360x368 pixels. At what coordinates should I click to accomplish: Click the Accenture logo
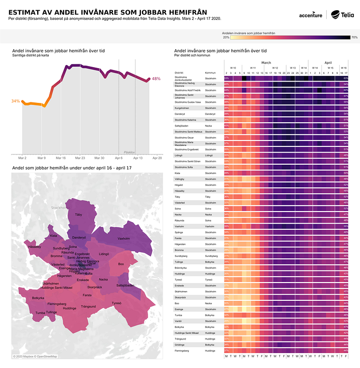click(310, 15)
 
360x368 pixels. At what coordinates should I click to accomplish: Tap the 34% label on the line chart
click(15, 101)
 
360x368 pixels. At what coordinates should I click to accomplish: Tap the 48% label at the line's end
click(156, 79)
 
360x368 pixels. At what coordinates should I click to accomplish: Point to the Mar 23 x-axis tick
click(80, 158)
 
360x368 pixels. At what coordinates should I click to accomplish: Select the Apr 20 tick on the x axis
click(157, 158)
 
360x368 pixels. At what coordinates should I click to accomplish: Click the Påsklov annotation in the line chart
click(130, 152)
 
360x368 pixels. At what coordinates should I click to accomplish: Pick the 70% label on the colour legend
click(354, 37)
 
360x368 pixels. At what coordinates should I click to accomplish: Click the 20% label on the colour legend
click(226, 37)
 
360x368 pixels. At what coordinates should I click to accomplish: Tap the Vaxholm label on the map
click(124, 239)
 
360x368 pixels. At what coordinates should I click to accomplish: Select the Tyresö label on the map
click(117, 303)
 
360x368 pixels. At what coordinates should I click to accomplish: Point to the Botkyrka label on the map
click(38, 298)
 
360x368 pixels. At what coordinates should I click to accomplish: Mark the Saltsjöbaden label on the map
click(125, 285)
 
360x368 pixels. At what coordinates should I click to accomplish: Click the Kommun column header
click(210, 73)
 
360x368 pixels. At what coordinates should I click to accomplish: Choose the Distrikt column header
click(180, 73)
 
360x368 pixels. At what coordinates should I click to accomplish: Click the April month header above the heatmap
click(328, 63)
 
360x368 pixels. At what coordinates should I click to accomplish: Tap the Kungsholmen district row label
click(184, 108)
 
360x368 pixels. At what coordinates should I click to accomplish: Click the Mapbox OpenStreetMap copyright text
click(35, 356)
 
